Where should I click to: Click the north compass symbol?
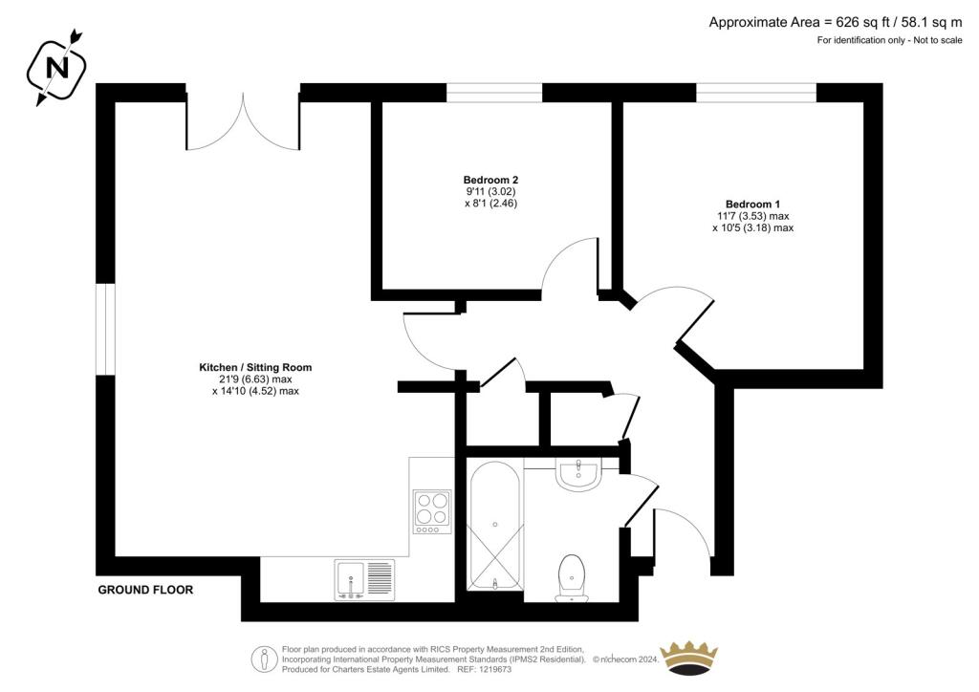(x=56, y=68)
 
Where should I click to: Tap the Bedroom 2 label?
(x=490, y=181)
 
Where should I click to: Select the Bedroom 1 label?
(x=752, y=204)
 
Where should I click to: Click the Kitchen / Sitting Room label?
(x=255, y=368)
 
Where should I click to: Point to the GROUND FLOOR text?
(x=145, y=590)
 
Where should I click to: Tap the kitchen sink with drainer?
(x=364, y=580)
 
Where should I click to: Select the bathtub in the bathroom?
(x=495, y=526)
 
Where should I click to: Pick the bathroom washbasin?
(x=578, y=475)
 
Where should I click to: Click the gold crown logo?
(x=689, y=658)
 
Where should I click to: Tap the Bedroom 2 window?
(x=494, y=93)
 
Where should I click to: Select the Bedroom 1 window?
(x=757, y=93)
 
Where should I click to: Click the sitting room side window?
(x=105, y=330)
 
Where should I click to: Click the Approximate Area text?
(x=836, y=23)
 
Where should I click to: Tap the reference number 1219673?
(x=493, y=669)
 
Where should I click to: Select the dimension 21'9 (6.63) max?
(x=254, y=379)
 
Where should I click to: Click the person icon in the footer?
(x=265, y=659)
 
